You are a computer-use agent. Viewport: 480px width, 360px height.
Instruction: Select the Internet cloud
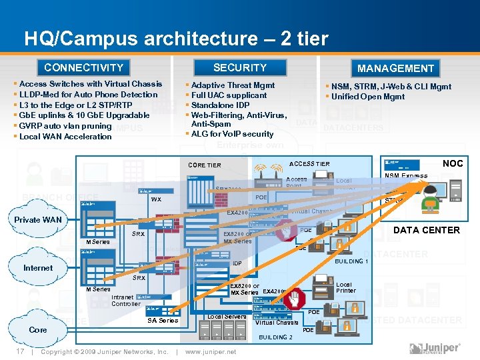pyautogui.click(x=38, y=268)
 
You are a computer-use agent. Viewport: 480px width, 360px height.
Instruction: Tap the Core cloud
pyautogui.click(x=38, y=330)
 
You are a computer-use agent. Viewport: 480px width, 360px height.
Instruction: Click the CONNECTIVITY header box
pyautogui.click(x=84, y=67)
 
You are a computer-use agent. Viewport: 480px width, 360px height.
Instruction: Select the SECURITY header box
pyautogui.click(x=240, y=67)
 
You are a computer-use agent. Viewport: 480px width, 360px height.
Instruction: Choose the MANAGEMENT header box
pyautogui.click(x=395, y=68)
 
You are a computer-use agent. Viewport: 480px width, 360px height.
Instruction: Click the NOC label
pyautogui.click(x=453, y=163)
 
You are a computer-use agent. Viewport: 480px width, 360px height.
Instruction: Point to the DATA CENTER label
pyautogui.click(x=427, y=230)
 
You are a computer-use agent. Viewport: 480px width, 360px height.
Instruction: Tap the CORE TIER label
pyautogui.click(x=205, y=165)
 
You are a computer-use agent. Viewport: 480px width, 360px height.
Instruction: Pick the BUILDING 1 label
pyautogui.click(x=350, y=261)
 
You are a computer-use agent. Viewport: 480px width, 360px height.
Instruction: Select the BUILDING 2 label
pyautogui.click(x=275, y=337)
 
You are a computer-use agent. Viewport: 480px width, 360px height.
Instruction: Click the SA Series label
pyautogui.click(x=163, y=321)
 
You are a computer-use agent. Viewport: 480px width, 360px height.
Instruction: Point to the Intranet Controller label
pyautogui.click(x=126, y=301)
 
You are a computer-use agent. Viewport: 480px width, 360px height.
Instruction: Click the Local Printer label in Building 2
pyautogui.click(x=346, y=287)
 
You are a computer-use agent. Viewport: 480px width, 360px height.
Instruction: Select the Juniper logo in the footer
pyautogui.click(x=435, y=349)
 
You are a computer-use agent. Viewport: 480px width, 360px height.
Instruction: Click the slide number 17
pyautogui.click(x=21, y=351)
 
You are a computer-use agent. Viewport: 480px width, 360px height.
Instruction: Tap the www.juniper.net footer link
pyautogui.click(x=211, y=351)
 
